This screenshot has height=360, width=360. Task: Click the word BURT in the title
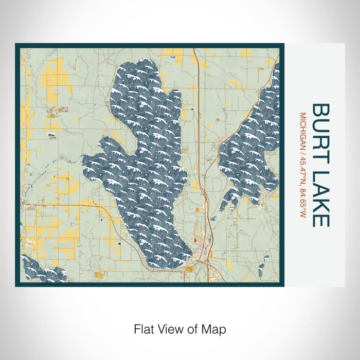click(321, 125)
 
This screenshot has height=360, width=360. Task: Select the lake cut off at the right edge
click(252, 149)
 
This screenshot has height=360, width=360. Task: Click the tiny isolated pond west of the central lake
click(52, 135)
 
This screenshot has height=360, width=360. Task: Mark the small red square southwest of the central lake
click(118, 244)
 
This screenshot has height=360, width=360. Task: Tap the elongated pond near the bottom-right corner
click(261, 266)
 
